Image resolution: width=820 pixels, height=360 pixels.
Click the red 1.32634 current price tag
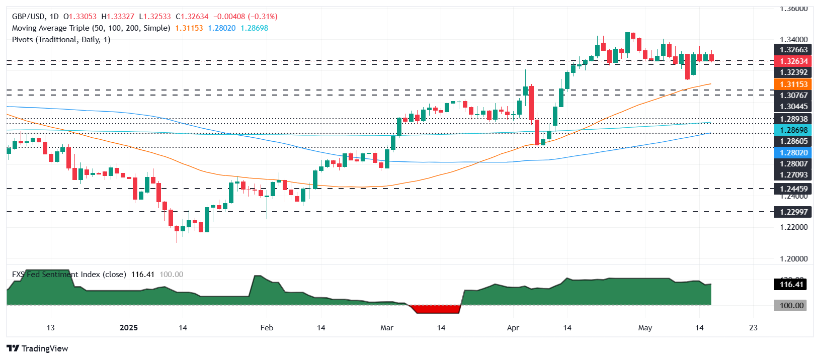pos(793,61)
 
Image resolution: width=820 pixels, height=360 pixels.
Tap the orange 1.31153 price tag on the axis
pos(793,84)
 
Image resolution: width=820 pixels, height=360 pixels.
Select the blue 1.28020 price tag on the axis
pos(793,153)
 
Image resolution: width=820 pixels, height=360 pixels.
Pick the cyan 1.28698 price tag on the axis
pos(793,130)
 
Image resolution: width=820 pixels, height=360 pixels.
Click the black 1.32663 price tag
pos(793,50)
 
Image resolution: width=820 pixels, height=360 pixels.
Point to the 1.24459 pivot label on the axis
pos(793,189)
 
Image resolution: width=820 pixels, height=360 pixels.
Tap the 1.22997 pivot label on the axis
pos(793,212)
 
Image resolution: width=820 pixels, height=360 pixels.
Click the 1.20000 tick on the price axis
pos(793,259)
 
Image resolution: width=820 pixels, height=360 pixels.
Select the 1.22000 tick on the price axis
pos(793,227)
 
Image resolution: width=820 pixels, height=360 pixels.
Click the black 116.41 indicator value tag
pos(791,285)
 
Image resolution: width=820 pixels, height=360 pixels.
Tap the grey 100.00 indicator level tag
pos(791,306)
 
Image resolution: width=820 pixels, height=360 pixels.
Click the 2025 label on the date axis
pos(129,328)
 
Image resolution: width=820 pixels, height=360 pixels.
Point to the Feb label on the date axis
pos(267,328)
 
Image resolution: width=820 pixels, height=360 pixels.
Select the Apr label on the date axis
pos(513,328)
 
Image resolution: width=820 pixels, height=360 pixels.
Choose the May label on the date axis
pos(645,328)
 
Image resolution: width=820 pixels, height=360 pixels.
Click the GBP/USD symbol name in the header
pos(29,17)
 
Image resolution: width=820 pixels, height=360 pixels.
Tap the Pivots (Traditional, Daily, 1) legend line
pos(61,40)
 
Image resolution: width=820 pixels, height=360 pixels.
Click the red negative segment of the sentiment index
pos(436,309)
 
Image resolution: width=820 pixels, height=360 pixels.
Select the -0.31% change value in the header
pos(263,17)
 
